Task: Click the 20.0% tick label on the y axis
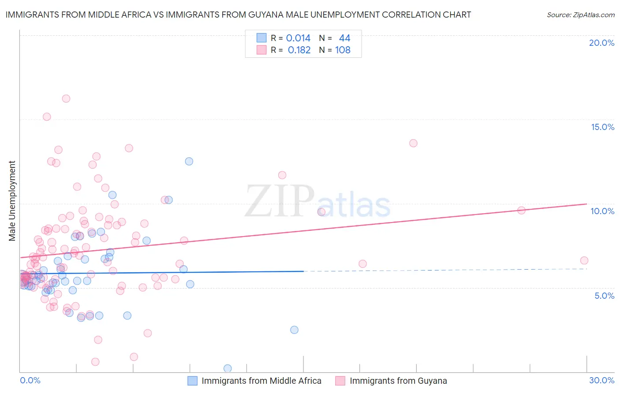click(601, 43)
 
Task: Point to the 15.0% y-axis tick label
click(602, 127)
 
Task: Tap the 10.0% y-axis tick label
click(602, 211)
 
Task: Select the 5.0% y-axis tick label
click(604, 296)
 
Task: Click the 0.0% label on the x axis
click(30, 380)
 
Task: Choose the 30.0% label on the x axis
click(601, 380)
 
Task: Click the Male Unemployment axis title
click(12, 201)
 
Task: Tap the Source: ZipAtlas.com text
click(580, 15)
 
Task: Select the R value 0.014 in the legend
click(298, 38)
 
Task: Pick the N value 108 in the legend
click(343, 50)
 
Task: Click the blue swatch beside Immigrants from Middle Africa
click(192, 381)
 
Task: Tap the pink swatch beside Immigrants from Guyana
click(340, 381)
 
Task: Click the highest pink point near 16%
click(66, 99)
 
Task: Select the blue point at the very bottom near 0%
click(228, 368)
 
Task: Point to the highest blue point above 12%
click(189, 161)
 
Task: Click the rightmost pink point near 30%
click(584, 260)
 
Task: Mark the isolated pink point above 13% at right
click(413, 143)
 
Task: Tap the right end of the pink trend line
click(586, 204)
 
